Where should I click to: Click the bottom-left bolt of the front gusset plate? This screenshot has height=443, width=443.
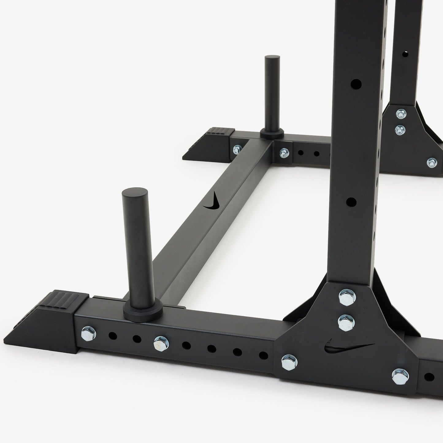pos(289,362)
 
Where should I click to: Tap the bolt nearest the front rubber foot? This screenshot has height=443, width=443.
pos(89,333)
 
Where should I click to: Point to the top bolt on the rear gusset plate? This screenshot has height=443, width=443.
pos(400,115)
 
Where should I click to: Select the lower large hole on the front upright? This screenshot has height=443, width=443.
pos(351,202)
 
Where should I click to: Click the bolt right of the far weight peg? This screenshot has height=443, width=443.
pos(284,152)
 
